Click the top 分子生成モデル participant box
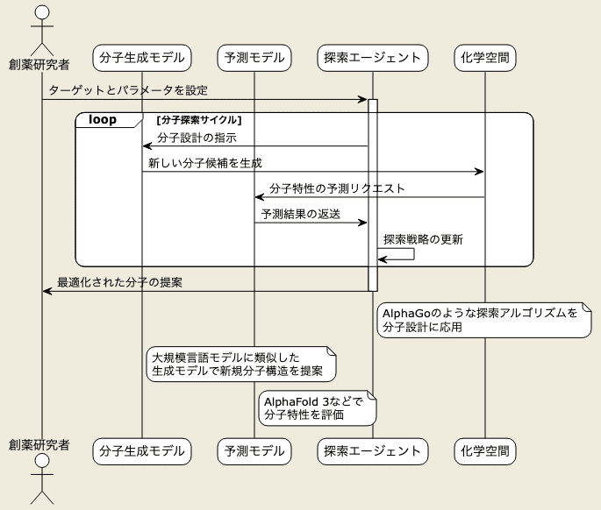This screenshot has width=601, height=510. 142,58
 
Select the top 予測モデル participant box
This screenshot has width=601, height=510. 254,58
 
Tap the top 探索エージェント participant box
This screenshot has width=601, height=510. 373,58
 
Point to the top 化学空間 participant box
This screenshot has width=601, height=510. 485,58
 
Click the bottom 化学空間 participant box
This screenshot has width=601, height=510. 485,451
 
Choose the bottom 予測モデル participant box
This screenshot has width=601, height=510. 254,451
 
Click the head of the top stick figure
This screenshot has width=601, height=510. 42,12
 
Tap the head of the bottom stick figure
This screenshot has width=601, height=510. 42,461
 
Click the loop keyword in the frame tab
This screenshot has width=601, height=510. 103,119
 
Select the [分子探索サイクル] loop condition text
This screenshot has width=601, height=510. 199,120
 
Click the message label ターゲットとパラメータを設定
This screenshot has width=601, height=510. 128,90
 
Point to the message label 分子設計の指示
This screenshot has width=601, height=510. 197,138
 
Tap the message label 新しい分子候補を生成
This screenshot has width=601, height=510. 205,163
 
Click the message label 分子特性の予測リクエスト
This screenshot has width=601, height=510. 337,188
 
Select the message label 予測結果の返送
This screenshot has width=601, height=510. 300,214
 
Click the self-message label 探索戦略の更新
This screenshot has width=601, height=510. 423,239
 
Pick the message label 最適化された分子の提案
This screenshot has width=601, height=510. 119,282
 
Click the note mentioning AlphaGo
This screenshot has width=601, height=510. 484,320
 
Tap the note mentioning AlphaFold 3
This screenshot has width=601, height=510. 318,408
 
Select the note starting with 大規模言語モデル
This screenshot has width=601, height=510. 241,365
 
